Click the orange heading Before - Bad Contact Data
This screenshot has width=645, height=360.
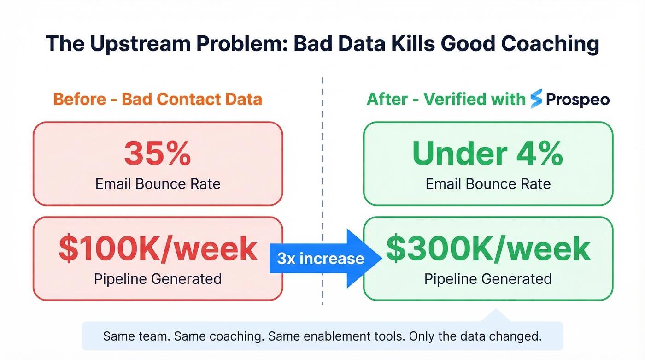(x=158, y=99)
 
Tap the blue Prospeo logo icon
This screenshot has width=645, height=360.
(x=536, y=99)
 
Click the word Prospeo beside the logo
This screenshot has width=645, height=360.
(x=578, y=100)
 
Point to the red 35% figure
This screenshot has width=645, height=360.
(x=157, y=153)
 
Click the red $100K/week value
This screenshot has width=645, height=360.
(x=158, y=249)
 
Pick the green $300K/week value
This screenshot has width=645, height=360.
(x=488, y=248)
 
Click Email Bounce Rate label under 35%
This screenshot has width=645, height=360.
(x=158, y=184)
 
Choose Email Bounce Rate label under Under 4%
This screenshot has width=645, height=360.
(x=488, y=184)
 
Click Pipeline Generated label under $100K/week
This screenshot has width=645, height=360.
(x=158, y=278)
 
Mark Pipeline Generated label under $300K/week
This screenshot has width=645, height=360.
(x=488, y=278)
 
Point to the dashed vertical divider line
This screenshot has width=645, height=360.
(x=322, y=194)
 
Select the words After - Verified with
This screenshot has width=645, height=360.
(x=446, y=99)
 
